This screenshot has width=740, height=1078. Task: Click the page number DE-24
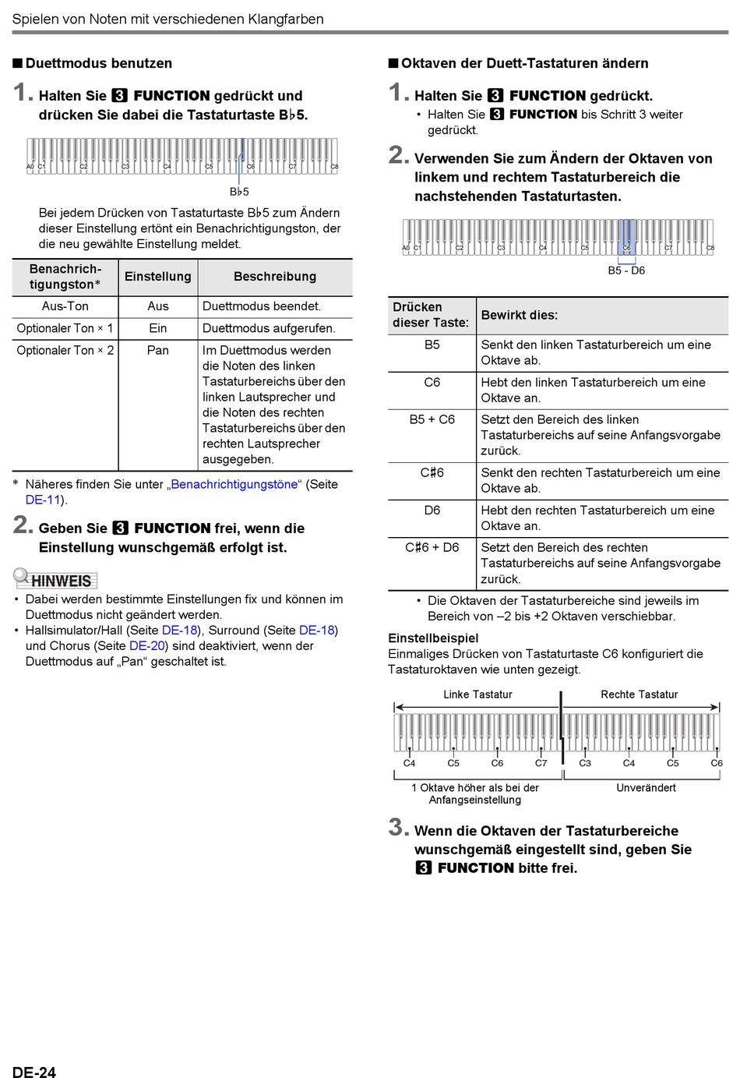click(x=34, y=1072)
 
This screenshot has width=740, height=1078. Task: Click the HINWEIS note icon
click(x=55, y=579)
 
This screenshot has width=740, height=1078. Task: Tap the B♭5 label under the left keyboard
click(x=239, y=192)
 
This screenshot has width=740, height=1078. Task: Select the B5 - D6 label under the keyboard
click(x=626, y=270)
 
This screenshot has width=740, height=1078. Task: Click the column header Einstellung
click(x=157, y=277)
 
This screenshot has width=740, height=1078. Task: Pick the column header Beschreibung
click(x=274, y=277)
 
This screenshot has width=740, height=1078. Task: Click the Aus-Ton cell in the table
click(x=65, y=306)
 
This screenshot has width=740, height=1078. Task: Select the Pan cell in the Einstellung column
click(x=157, y=351)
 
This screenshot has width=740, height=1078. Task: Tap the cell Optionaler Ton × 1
click(x=65, y=328)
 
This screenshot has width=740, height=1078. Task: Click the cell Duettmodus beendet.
click(x=262, y=306)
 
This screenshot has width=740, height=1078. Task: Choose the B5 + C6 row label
click(x=432, y=419)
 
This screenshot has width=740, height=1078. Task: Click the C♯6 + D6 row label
click(x=432, y=547)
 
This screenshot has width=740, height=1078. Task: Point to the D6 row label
click(x=432, y=510)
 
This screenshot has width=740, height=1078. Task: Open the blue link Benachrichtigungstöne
click(x=234, y=484)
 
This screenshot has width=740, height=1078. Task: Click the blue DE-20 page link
click(x=147, y=645)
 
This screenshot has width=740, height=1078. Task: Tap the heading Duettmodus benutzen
click(x=98, y=63)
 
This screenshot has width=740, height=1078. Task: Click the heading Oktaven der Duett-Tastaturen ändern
click(x=524, y=63)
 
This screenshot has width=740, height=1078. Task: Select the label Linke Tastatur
click(x=477, y=695)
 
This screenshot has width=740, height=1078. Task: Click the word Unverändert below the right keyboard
click(x=646, y=788)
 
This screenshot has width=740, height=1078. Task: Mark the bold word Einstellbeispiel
click(x=433, y=638)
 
